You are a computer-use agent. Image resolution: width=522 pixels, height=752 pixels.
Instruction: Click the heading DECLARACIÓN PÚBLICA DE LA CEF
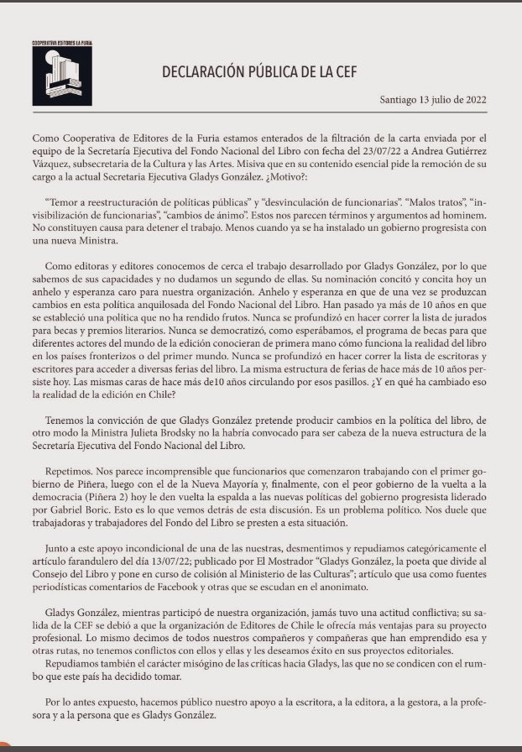coord(260,73)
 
